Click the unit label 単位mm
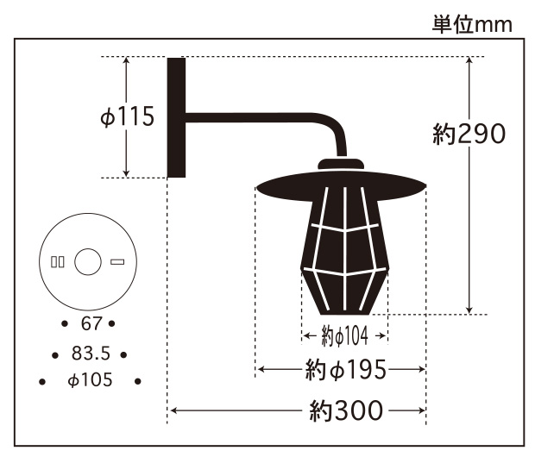472,24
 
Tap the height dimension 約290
469,135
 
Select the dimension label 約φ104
344,335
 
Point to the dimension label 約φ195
344,370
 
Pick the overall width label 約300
345,410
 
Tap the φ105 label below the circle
89,380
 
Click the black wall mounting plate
176,117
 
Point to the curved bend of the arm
334,135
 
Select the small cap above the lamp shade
342,164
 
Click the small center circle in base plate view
87,261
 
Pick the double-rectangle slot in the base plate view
58,261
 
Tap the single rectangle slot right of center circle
116,261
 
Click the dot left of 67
65,324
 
